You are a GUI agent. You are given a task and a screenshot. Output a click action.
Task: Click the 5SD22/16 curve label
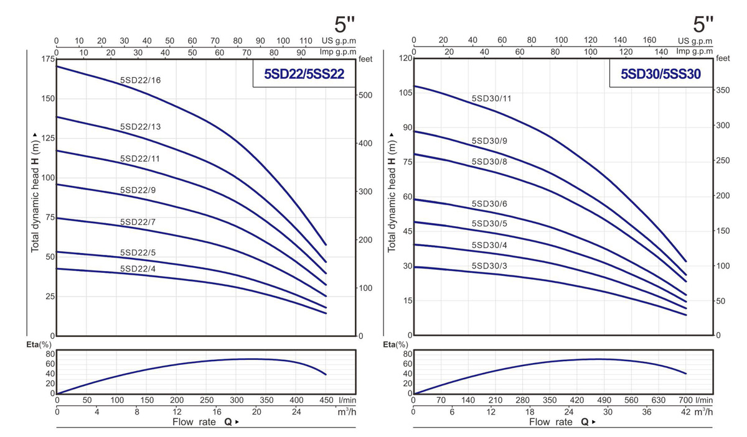140,80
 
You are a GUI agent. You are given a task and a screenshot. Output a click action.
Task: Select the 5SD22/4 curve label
138,269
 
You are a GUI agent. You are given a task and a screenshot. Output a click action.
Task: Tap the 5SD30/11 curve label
492,98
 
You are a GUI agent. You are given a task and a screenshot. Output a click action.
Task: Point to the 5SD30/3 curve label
490,266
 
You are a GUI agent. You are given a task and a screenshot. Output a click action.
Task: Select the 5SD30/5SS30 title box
661,75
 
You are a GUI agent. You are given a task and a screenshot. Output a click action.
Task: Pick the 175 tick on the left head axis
47,59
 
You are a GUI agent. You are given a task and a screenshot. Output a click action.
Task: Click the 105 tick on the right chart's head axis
405,93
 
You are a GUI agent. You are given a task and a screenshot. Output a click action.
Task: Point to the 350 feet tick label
723,90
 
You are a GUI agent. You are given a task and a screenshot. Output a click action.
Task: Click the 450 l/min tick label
326,400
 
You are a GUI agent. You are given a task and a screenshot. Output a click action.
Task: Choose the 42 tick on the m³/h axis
684,412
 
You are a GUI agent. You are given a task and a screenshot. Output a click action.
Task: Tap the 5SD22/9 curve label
138,190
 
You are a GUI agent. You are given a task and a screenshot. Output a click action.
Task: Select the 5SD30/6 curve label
490,204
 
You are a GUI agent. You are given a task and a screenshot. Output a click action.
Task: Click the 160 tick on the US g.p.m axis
649,40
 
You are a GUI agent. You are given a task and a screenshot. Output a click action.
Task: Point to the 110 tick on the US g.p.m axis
306,40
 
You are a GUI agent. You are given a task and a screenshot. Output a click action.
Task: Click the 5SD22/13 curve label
140,127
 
